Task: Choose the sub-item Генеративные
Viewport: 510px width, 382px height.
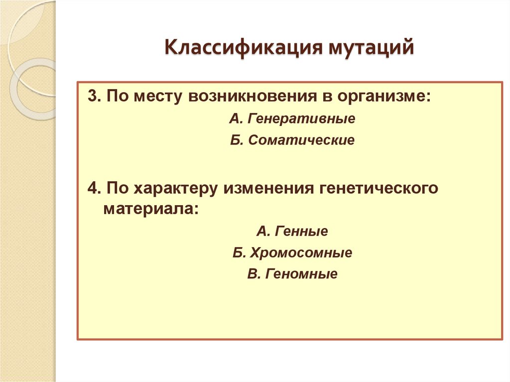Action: (301, 120)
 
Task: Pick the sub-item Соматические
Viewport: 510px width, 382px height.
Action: (301, 140)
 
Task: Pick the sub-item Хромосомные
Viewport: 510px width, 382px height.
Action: (302, 253)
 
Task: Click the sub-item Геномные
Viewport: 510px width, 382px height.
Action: (302, 274)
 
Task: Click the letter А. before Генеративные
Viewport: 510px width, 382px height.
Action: (236, 120)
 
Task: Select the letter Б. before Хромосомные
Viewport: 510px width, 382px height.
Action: (239, 253)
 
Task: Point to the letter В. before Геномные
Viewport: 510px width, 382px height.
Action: (253, 274)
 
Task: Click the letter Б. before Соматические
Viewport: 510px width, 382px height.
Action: (236, 140)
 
